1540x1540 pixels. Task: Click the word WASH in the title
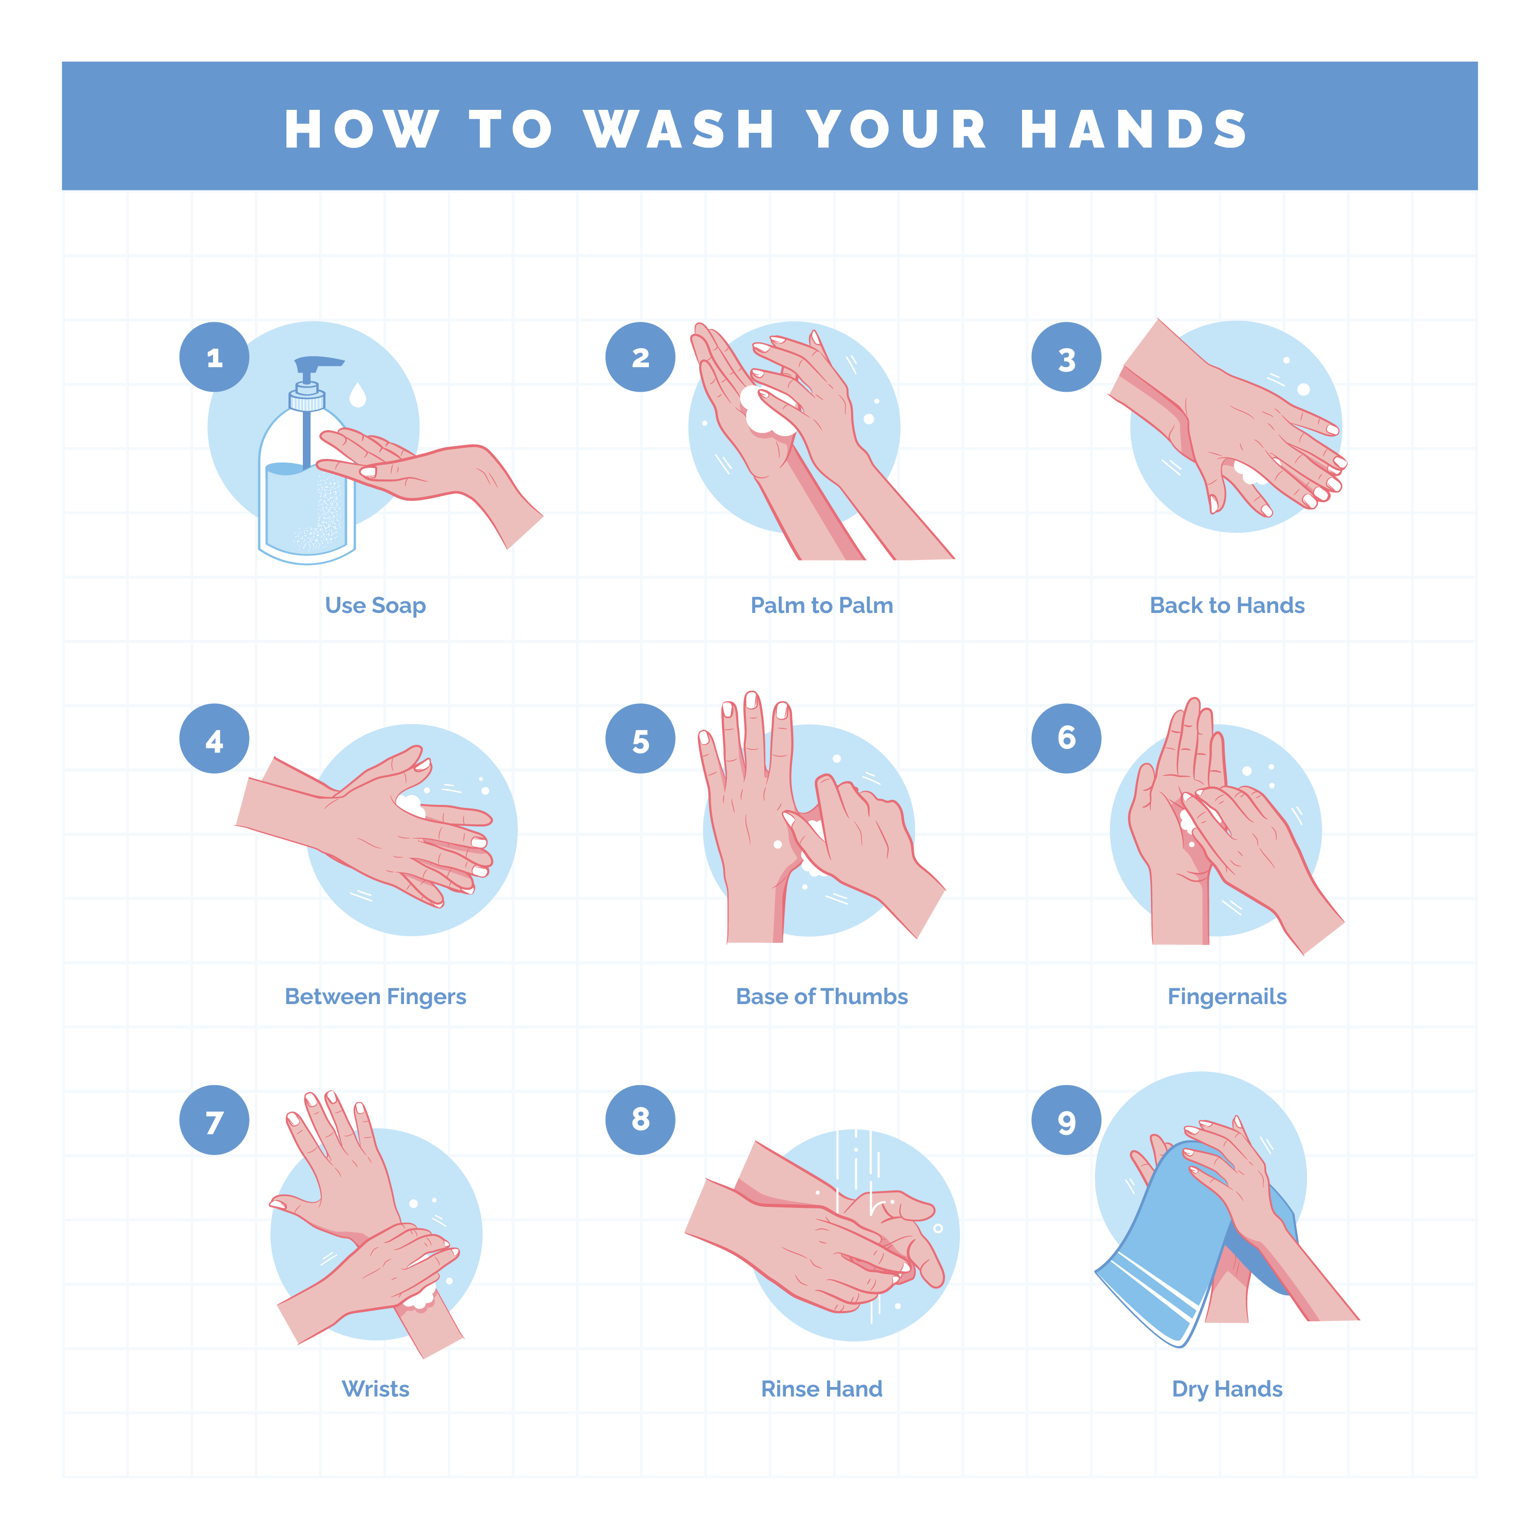click(x=679, y=129)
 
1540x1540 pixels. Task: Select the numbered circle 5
click(x=640, y=738)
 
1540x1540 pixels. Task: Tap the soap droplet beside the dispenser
click(x=358, y=395)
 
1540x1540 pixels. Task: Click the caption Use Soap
click(x=375, y=606)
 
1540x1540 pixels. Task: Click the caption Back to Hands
click(x=1227, y=606)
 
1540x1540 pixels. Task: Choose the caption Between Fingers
click(x=375, y=996)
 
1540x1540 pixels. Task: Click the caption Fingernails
click(x=1227, y=996)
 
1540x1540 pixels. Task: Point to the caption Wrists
click(x=375, y=1389)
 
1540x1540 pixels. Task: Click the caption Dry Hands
click(x=1227, y=1389)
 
